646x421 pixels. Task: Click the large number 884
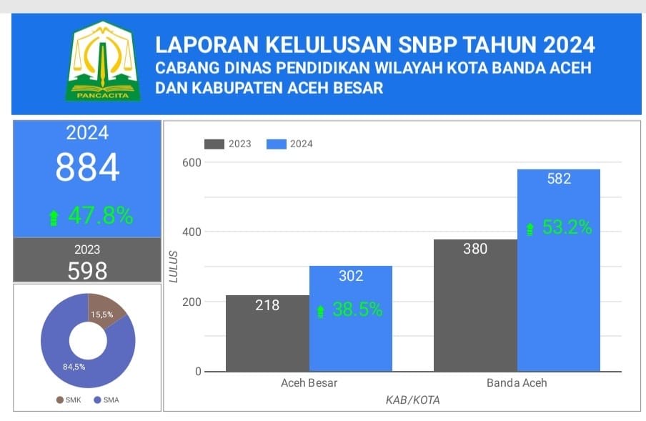[88, 168]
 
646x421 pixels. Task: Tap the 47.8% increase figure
[100, 216]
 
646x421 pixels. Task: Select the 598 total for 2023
[87, 271]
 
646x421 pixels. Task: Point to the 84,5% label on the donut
[74, 367]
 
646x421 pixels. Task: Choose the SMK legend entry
[69, 400]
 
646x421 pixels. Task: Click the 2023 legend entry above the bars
[228, 144]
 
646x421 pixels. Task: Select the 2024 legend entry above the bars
[289, 144]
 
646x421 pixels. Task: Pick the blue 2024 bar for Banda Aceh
[559, 300]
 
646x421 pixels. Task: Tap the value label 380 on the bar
[475, 249]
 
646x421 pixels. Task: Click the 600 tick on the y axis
[191, 162]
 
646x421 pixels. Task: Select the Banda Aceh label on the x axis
[517, 382]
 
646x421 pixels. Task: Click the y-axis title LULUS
[174, 267]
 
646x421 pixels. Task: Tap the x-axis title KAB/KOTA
[412, 400]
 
